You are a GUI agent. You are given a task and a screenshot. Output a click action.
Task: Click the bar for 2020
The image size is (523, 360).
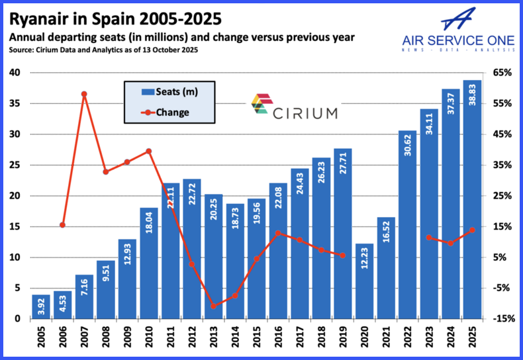[x=364, y=281]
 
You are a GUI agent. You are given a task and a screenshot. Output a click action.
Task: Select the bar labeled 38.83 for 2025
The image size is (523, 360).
[x=472, y=199]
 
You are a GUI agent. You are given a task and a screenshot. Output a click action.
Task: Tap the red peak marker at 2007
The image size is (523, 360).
[x=84, y=94]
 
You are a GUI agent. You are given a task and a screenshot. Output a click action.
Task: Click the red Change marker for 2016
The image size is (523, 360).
[x=278, y=233]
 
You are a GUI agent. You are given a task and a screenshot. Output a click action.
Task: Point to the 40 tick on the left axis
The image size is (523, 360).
[x=15, y=73]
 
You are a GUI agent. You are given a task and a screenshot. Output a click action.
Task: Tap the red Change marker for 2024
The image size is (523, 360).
[x=451, y=244]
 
